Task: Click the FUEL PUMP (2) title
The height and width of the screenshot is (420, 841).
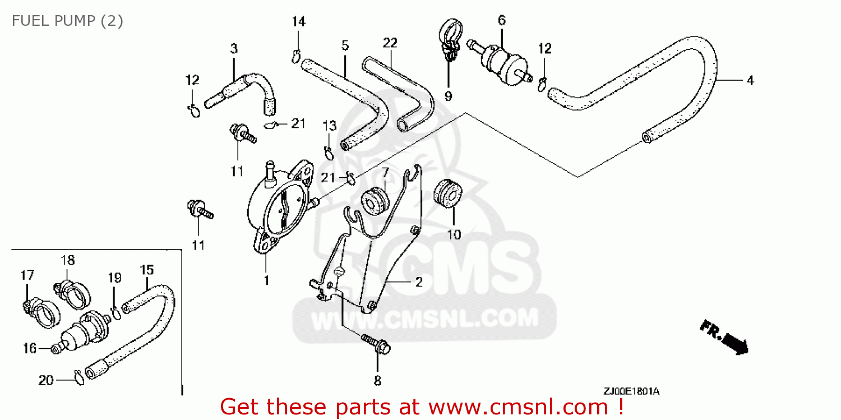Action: (x=67, y=21)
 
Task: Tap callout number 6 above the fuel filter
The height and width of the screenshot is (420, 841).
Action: (x=502, y=20)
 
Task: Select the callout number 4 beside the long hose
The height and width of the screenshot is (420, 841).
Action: (x=750, y=80)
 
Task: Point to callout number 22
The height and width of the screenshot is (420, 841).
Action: (x=390, y=43)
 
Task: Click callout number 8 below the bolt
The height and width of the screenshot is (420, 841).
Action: (x=378, y=381)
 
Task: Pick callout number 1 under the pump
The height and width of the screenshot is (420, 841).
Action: (x=266, y=280)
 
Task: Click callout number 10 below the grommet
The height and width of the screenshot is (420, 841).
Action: (x=454, y=235)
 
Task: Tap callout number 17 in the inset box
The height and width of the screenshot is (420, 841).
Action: (x=27, y=275)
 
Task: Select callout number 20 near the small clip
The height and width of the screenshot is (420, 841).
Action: (x=46, y=381)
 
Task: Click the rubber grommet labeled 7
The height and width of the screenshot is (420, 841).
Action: (x=375, y=201)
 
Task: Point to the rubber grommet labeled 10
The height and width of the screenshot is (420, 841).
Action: (x=448, y=193)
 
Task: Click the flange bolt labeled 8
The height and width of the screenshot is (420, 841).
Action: (x=376, y=343)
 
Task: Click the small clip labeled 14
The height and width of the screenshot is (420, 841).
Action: (x=296, y=56)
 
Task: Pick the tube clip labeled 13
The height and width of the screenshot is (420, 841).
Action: (x=329, y=153)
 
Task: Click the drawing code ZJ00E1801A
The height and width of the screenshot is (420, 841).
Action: (x=631, y=391)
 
